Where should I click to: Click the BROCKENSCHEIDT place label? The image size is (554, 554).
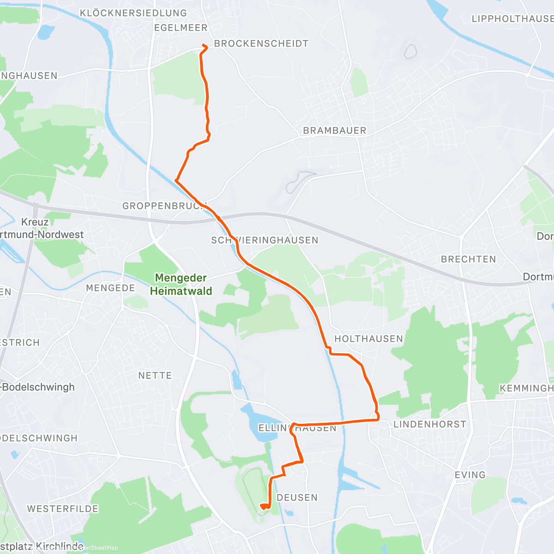pos(261,43)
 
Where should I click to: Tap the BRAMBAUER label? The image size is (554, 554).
pos(334,131)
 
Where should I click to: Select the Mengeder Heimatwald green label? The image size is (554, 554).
pos(181,284)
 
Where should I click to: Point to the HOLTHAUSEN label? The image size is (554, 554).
pos(368,339)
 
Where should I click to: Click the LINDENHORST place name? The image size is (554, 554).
pos(429,424)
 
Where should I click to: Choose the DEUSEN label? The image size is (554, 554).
pos(297,498)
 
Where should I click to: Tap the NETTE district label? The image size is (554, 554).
pos(155,376)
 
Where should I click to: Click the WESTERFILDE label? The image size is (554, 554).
pos(63,509)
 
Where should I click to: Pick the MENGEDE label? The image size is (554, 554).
pos(110,288)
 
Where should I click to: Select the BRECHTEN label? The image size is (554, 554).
pos(468,259)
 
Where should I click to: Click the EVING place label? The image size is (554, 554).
pos(470,475)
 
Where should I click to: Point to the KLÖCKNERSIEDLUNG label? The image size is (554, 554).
pos(133,13)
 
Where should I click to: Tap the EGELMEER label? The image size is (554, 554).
pos(181,28)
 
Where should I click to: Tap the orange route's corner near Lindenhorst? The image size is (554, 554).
pos(378,419)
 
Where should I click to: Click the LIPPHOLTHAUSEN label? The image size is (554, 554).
pos(512,18)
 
